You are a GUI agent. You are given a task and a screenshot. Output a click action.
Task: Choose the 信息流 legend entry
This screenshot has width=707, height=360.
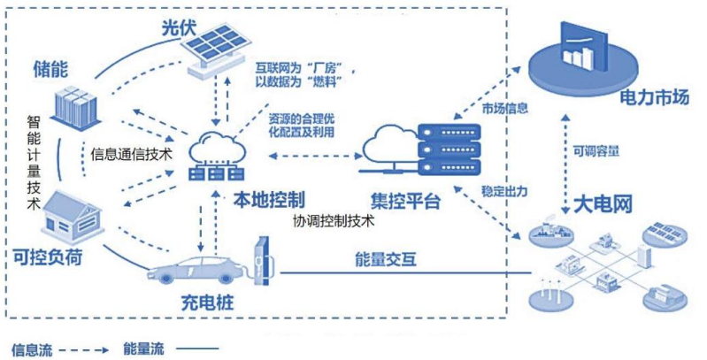point(32,349)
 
